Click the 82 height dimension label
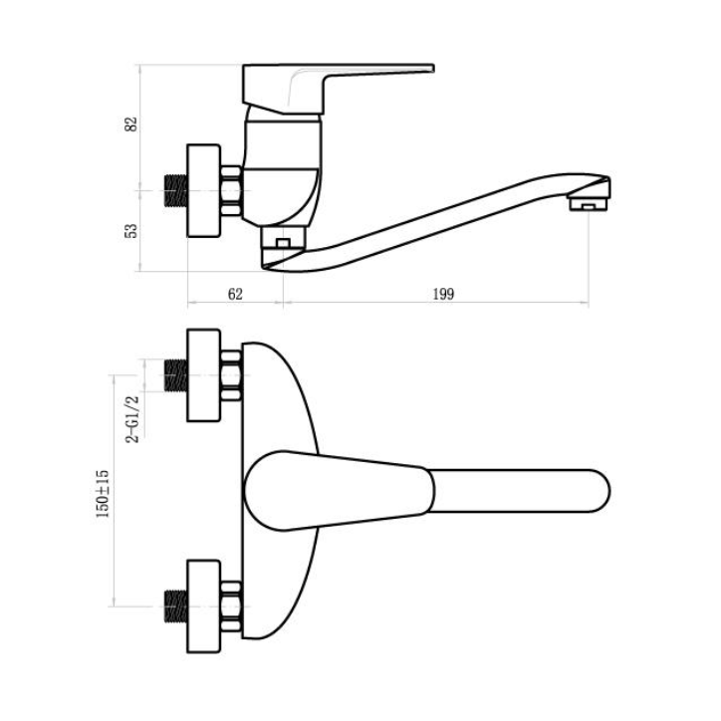coord(131,124)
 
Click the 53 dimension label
coord(131,231)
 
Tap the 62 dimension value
coord(235,294)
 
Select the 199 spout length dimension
coord(443,294)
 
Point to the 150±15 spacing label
coord(103,494)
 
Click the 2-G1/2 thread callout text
coord(132,419)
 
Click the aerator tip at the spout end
coord(589,204)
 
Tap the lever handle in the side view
coord(338,89)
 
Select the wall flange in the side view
coord(204,191)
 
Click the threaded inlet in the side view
coord(176,190)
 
